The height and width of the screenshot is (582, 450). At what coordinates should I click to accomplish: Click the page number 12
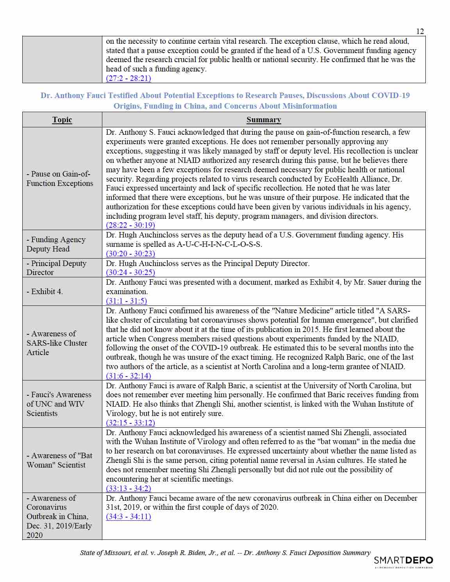click(420, 32)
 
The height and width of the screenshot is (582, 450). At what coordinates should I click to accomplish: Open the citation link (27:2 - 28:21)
click(129, 78)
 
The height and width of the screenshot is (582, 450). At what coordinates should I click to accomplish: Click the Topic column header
click(62, 120)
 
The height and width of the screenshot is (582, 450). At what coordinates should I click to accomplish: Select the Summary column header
click(264, 120)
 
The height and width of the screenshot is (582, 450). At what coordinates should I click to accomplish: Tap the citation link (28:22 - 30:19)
click(130, 225)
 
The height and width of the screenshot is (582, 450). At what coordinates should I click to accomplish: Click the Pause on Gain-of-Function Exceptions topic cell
click(60, 179)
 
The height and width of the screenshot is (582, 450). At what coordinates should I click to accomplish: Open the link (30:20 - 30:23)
click(130, 254)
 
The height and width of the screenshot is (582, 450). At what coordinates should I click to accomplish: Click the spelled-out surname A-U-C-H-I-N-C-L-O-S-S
click(219, 244)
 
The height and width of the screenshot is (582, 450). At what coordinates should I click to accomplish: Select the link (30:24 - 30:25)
click(130, 272)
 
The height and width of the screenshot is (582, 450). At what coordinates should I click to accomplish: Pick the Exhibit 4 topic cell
click(45, 291)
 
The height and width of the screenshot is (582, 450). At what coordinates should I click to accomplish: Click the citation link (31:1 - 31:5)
click(127, 301)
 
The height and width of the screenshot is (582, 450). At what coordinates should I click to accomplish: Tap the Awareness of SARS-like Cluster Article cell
click(57, 343)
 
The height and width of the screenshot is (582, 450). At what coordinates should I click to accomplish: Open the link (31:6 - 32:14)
click(129, 376)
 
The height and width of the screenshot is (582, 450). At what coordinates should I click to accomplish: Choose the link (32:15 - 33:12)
click(130, 423)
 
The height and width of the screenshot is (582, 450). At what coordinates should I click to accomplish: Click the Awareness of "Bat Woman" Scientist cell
click(59, 460)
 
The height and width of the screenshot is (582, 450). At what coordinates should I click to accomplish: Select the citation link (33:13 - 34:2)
click(129, 488)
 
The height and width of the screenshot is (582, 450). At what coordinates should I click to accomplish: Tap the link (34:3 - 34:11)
click(129, 516)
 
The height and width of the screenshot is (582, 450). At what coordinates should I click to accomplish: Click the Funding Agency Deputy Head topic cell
click(56, 244)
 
